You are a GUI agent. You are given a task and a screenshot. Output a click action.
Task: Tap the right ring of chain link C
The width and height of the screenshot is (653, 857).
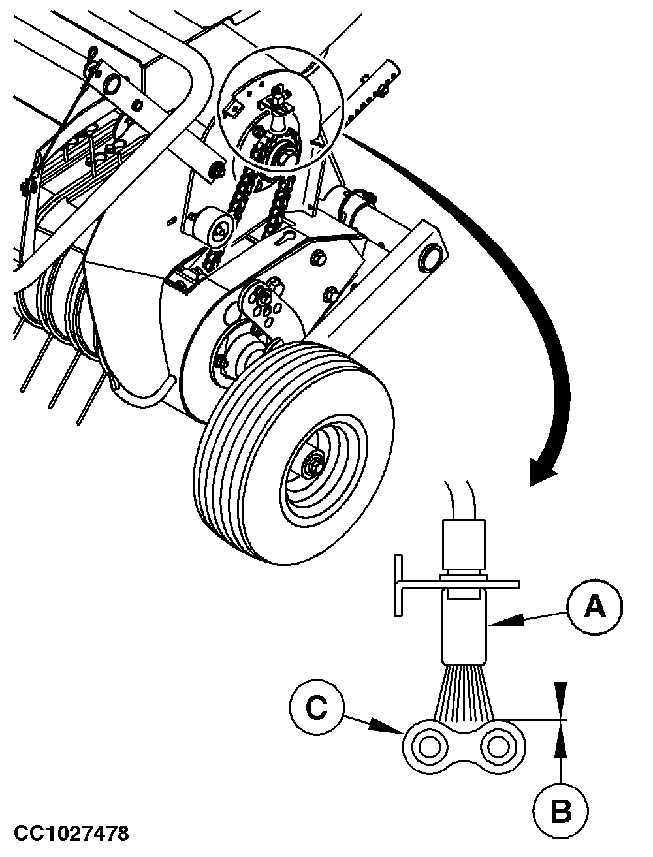coord(496,747)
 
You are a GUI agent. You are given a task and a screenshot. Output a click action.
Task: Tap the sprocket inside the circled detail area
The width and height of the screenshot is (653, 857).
coord(282,155)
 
